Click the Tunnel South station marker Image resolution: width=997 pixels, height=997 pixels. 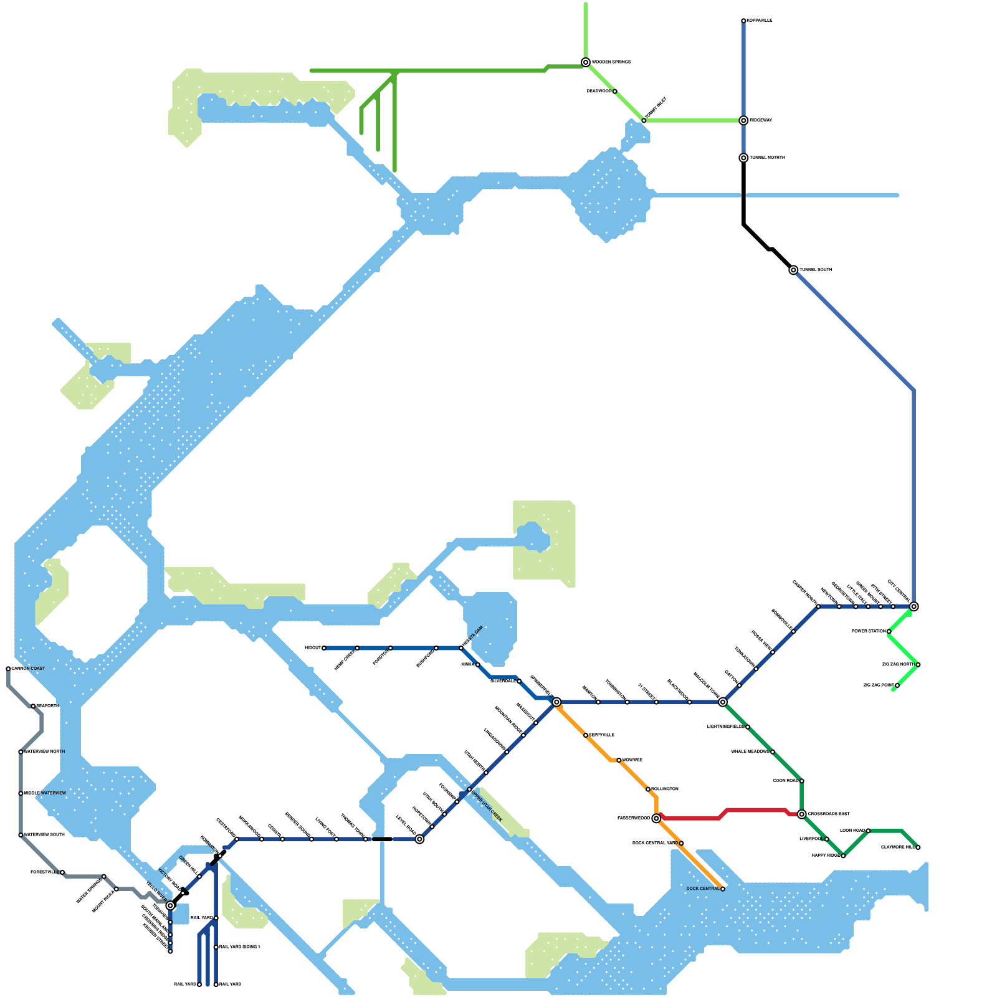[x=793, y=270]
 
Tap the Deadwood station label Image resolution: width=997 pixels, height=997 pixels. [x=599, y=92]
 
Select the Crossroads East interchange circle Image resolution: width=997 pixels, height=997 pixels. [x=802, y=814]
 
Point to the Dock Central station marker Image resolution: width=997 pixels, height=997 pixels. [x=723, y=889]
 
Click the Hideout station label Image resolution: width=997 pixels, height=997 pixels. [x=312, y=648]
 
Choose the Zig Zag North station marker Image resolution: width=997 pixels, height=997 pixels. [x=918, y=665]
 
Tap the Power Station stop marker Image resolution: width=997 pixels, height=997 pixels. [x=889, y=631]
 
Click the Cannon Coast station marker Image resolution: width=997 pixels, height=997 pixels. [x=8, y=669]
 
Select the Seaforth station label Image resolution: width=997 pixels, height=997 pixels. [x=48, y=706]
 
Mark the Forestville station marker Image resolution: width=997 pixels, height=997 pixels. [x=62, y=872]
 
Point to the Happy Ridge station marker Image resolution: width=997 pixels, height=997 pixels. [x=843, y=856]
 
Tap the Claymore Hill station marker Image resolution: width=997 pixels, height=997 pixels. [x=918, y=847]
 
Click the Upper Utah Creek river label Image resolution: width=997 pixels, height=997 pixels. [x=486, y=805]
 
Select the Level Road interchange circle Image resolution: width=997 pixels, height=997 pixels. [x=420, y=839]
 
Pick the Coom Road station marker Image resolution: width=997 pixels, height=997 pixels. [x=802, y=781]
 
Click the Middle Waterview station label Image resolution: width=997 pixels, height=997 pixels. [x=44, y=793]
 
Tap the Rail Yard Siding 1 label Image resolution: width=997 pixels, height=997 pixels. [x=239, y=947]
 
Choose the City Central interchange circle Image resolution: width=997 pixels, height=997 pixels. [x=914, y=606]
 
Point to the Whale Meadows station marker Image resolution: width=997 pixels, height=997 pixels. [x=773, y=752]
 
